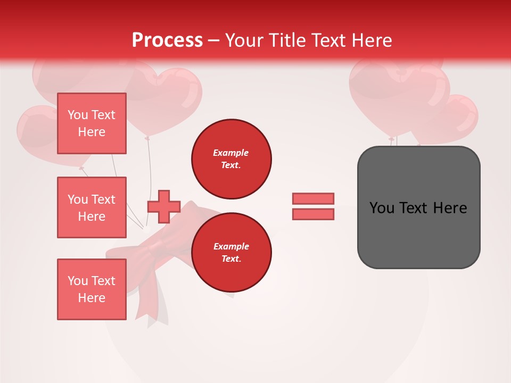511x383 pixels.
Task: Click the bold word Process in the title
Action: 167,40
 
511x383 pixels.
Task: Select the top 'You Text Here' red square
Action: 92,123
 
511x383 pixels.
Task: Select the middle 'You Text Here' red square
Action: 92,207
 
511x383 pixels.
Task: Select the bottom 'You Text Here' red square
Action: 92,289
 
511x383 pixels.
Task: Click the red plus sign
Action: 164,206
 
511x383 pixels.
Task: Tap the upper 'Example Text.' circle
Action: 231,159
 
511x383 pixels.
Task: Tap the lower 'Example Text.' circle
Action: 231,253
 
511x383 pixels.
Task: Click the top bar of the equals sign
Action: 313,198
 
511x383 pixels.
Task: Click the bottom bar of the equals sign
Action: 313,214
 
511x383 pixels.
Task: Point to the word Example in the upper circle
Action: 231,153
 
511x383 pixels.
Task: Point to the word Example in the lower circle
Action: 231,246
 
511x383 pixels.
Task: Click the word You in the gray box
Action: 382,208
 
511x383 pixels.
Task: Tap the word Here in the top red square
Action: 92,132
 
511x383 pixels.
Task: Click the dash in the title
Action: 213,41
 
